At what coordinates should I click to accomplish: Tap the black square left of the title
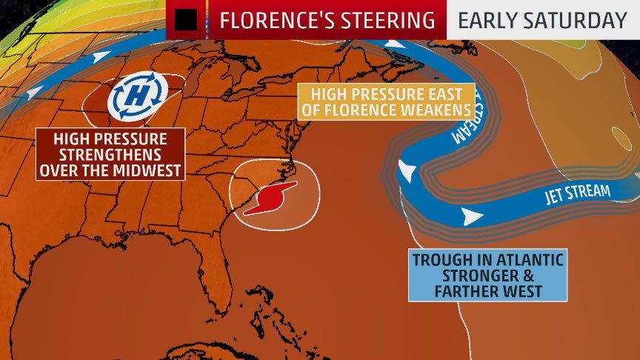186,20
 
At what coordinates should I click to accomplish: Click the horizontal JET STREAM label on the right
577,193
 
